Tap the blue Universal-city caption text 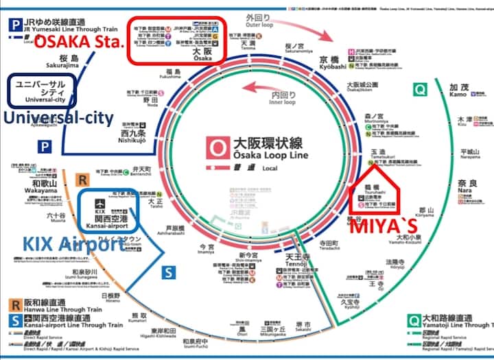point(58,119)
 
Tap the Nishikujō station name point(134,134)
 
